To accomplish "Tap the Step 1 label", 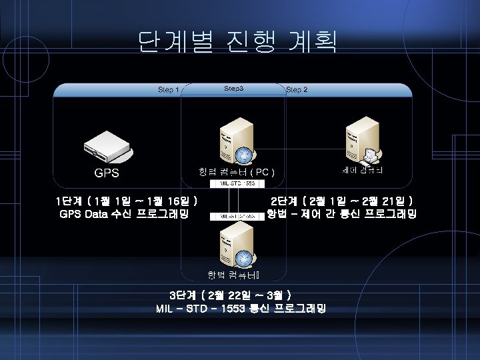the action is pyautogui.click(x=168, y=89).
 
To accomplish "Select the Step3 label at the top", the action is pyautogui.click(x=233, y=89).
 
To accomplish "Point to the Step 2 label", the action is pyautogui.click(x=297, y=89).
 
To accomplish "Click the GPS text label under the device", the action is pyautogui.click(x=107, y=173).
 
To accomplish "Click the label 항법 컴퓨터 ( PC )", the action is pyautogui.click(x=237, y=172).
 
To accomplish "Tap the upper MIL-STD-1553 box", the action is pyautogui.click(x=238, y=183).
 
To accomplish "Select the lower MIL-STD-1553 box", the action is pyautogui.click(x=237, y=216).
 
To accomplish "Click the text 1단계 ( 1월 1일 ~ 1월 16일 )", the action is pyautogui.click(x=126, y=201).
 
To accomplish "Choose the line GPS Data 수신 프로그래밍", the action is pyautogui.click(x=124, y=214).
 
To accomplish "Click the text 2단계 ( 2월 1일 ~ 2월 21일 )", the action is pyautogui.click(x=341, y=201).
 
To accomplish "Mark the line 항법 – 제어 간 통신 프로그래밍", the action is pyautogui.click(x=341, y=214).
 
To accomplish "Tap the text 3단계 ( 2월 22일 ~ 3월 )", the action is pyautogui.click(x=231, y=295).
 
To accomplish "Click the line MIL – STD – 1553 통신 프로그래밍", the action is pyautogui.click(x=241, y=309).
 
